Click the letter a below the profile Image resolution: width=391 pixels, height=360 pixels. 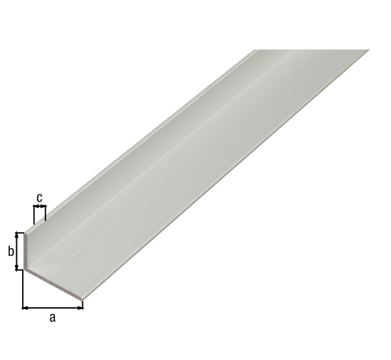53,318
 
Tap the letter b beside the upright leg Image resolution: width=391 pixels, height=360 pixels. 11,251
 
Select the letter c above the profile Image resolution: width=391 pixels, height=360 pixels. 40,197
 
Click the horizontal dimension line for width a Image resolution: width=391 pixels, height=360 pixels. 53,307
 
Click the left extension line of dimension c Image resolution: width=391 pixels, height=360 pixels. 34,214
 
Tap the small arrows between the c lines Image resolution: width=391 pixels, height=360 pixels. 40,207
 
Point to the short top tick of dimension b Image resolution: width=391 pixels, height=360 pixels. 20,232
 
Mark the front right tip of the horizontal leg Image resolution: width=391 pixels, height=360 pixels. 83,300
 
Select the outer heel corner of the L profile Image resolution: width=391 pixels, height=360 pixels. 24,268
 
